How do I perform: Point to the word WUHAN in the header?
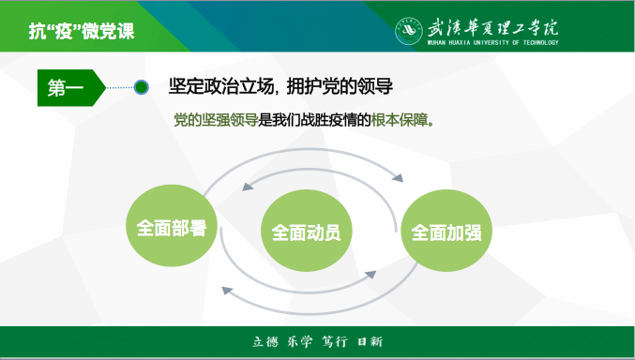(438, 42)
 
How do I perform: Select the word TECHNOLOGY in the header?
(537, 42)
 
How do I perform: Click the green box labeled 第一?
(67, 88)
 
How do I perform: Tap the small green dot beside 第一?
(142, 88)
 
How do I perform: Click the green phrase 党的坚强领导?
(216, 121)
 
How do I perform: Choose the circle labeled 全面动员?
(306, 231)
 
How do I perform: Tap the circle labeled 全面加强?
(446, 231)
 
